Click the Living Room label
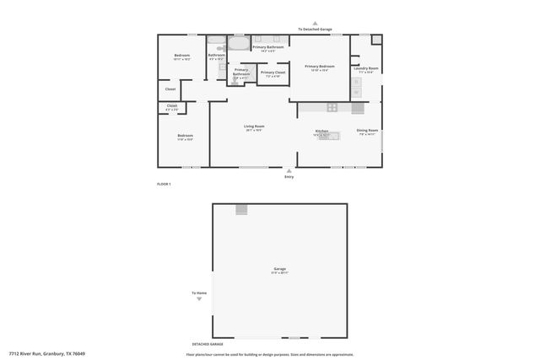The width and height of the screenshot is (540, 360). click(x=254, y=126)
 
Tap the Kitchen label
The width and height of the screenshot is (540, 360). click(x=321, y=131)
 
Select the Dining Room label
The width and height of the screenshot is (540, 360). click(x=367, y=130)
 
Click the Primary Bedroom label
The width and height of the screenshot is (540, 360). click(x=320, y=66)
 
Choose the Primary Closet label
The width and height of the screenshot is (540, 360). click(x=273, y=73)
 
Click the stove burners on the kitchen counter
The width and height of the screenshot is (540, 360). click(x=332, y=107)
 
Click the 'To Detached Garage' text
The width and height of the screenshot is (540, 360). click(x=315, y=30)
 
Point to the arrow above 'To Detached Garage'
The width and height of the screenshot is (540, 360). click(x=315, y=24)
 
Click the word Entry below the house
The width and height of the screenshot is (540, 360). click(x=289, y=177)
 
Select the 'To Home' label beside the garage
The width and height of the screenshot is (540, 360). click(x=197, y=293)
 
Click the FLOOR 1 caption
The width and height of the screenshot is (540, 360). click(x=164, y=184)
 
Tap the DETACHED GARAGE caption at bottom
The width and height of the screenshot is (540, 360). click(x=207, y=344)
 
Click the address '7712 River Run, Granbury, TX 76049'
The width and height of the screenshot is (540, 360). click(x=46, y=353)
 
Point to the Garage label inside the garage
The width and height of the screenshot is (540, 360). click(x=279, y=269)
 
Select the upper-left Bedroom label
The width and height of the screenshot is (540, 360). click(x=182, y=56)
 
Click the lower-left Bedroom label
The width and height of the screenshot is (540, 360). click(x=186, y=135)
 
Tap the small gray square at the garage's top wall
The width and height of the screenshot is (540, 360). click(x=241, y=209)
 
